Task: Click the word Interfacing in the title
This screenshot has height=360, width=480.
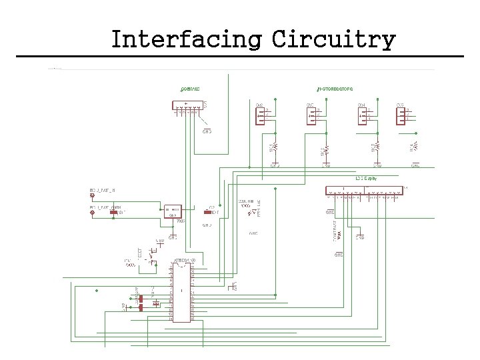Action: coord(186,39)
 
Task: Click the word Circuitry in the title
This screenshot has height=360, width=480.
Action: coord(333,39)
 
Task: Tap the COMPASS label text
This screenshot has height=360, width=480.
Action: coord(190,89)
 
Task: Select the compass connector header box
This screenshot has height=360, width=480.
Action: coord(189,105)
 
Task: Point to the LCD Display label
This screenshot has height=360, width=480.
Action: coord(366,179)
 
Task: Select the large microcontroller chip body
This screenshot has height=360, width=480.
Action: coord(180,291)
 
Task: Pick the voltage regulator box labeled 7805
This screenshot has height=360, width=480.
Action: coord(173,210)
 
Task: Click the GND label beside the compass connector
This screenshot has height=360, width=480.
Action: coord(207,131)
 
